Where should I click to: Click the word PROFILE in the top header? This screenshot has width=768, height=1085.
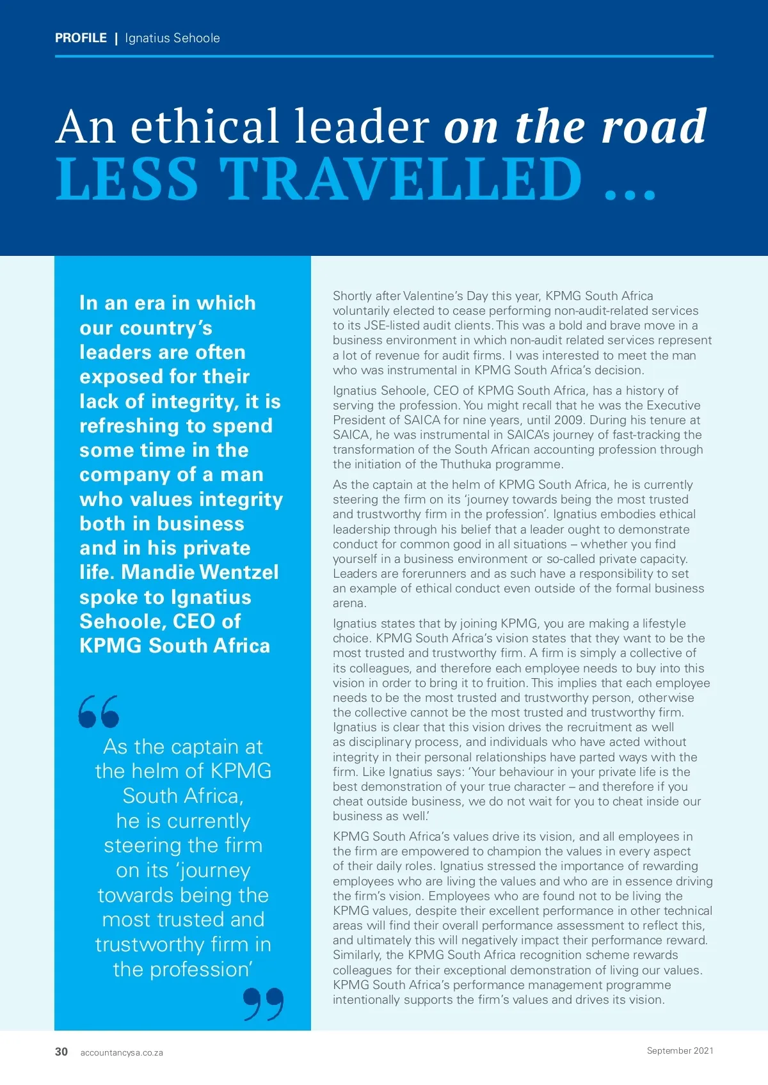[81, 38]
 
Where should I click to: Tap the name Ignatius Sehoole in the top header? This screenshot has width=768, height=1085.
[172, 38]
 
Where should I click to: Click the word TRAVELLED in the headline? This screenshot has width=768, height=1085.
[401, 180]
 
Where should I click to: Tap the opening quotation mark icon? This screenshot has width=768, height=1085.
[99, 711]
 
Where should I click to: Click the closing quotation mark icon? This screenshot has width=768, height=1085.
[263, 1004]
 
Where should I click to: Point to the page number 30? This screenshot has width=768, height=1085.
[61, 1052]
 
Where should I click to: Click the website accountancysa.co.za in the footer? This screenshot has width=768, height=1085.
[122, 1052]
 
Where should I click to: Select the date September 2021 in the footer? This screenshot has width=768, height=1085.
[680, 1050]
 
